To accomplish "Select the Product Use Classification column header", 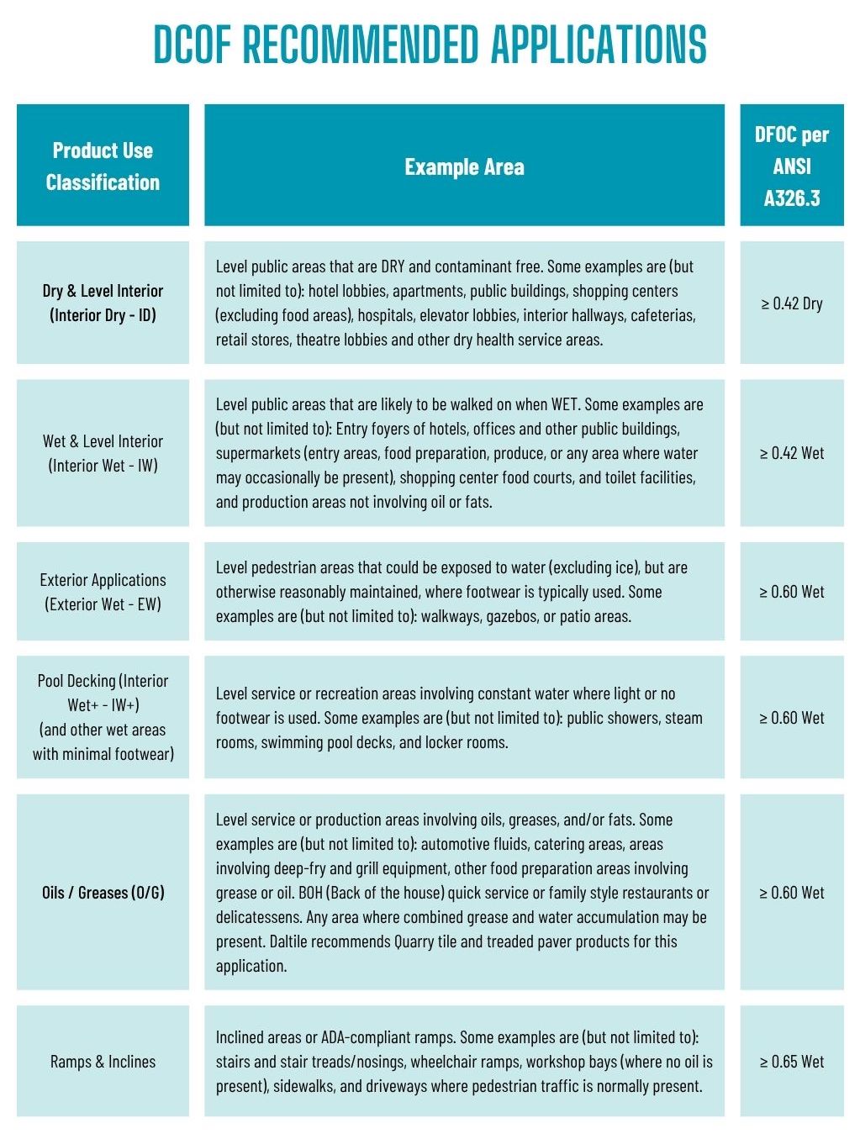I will click(103, 166).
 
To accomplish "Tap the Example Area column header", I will click(464, 166).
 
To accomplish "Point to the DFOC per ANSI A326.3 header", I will click(791, 166).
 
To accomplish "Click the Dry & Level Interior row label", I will click(103, 303).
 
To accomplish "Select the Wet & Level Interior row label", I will click(103, 453).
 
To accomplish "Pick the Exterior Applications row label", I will click(103, 592).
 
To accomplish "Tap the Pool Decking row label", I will click(103, 717).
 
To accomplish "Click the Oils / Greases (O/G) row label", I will click(103, 892).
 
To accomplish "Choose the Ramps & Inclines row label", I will click(103, 1061).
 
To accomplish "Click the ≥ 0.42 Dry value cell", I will click(791, 303).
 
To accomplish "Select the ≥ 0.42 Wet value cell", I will click(791, 453).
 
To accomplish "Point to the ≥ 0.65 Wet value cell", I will click(791, 1061).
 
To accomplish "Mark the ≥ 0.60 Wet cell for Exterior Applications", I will click(791, 592).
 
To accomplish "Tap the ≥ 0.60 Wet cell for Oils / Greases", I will click(791, 892).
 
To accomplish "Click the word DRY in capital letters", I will click(393, 266).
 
